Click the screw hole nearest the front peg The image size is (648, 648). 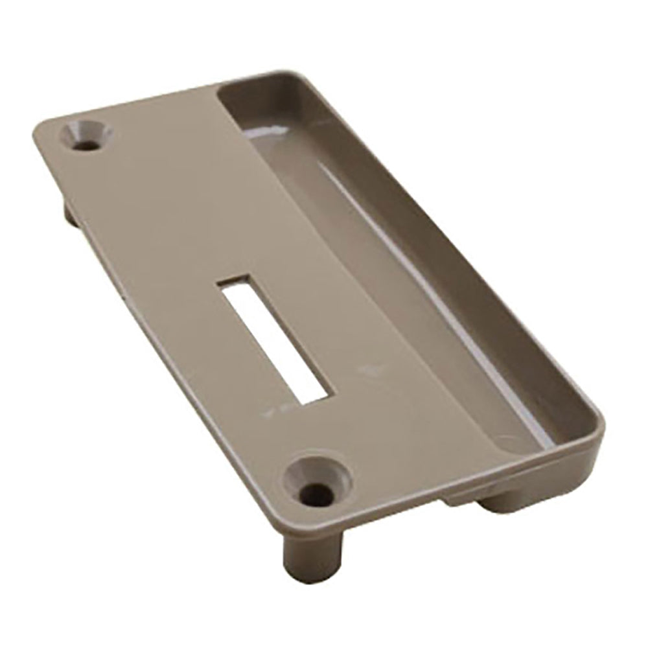pos(316,483)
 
